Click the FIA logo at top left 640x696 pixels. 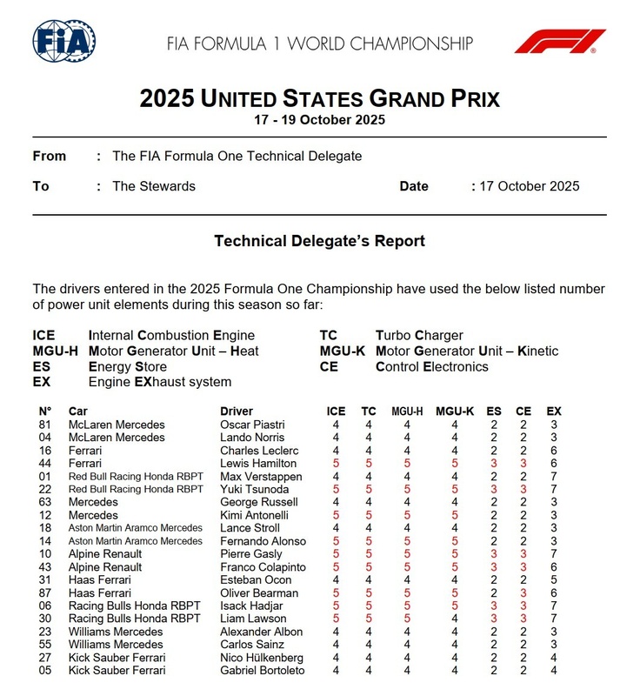[x=63, y=40]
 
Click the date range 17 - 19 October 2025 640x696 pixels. [x=320, y=120]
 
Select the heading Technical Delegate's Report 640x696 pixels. [x=320, y=241]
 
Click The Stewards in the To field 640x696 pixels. [x=154, y=186]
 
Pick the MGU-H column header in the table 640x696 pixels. [x=406, y=412]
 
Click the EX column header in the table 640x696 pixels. [x=553, y=412]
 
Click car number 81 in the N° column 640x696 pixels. [x=44, y=425]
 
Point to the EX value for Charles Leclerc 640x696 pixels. [x=553, y=451]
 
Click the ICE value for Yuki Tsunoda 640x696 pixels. [x=336, y=490]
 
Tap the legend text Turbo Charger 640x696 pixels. [x=419, y=335]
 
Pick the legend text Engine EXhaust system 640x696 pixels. [x=160, y=382]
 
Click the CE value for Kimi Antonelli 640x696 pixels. [x=523, y=516]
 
